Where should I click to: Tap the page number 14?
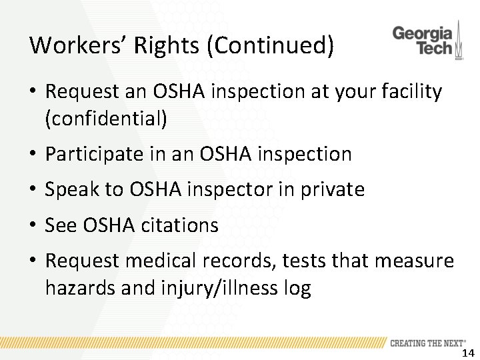[467, 353]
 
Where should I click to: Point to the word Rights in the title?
[158, 45]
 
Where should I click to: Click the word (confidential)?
[106, 119]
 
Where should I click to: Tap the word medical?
[168, 261]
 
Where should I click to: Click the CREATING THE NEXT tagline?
[427, 343]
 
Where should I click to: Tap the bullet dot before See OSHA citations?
[33, 226]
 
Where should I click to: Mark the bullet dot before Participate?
[33, 155]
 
